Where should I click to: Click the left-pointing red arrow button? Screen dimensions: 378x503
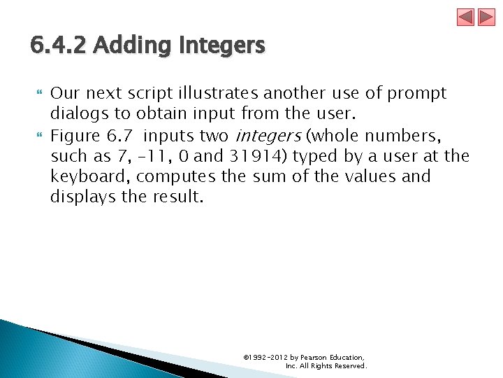coord(466,17)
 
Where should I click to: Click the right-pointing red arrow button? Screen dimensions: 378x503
coord(486,17)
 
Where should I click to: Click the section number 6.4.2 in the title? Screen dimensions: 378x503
coord(58,46)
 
